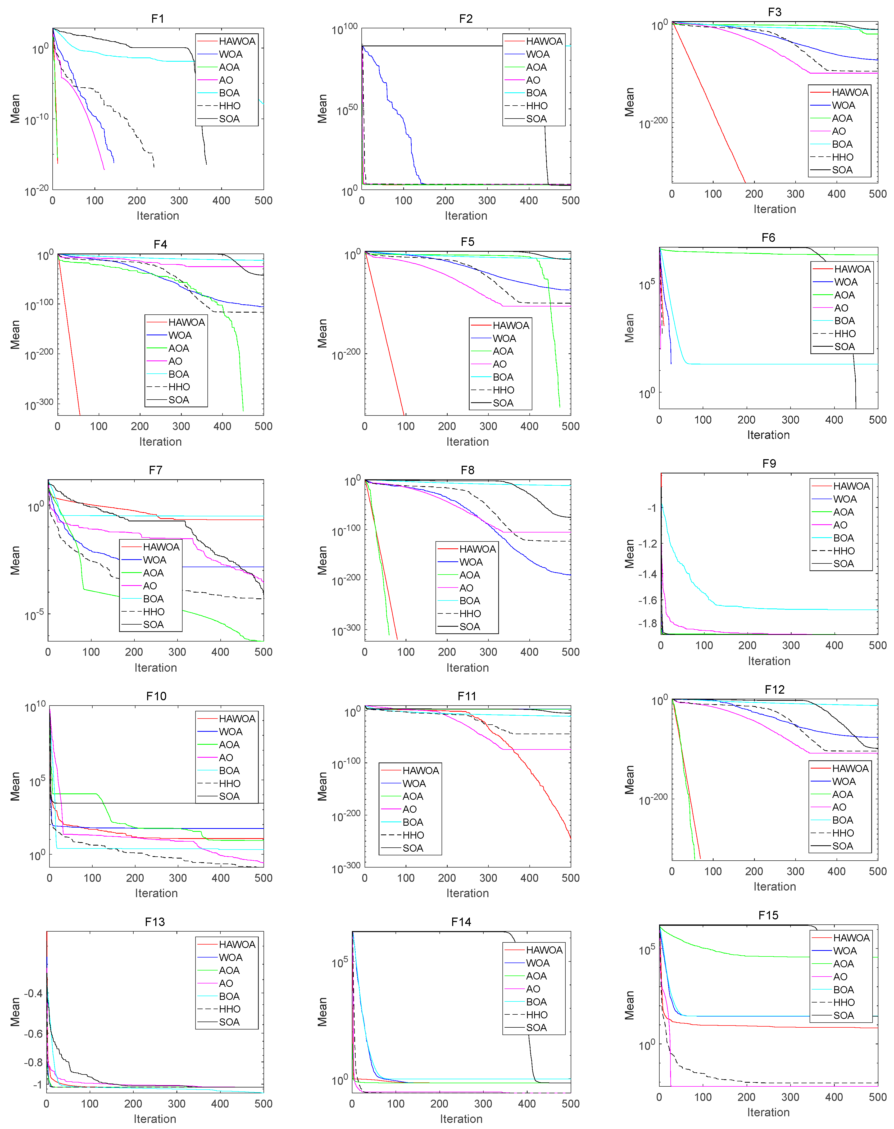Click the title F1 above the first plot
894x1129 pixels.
[x=157, y=19]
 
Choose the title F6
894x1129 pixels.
[x=768, y=238]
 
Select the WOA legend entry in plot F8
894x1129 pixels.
[x=471, y=562]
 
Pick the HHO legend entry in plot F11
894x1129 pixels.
[x=413, y=835]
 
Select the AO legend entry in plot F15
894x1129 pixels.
[x=840, y=977]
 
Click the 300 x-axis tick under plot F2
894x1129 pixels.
[x=487, y=201]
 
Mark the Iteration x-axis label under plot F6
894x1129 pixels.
[x=768, y=435]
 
